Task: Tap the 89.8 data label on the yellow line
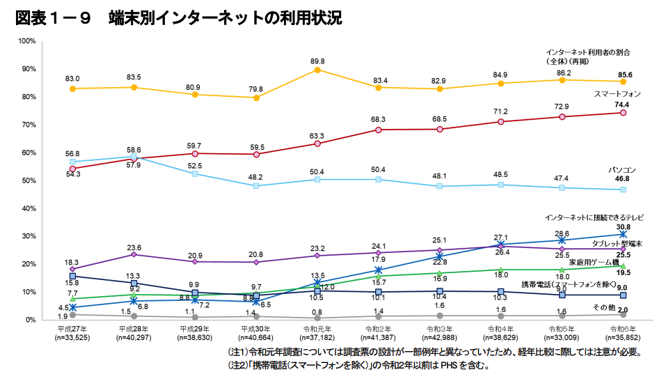point(317,61)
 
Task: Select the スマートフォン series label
point(617,93)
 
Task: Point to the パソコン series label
point(622,170)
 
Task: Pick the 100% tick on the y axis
point(27,41)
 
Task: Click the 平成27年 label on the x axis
point(72,328)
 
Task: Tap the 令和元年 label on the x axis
point(317,328)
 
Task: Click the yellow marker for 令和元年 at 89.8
point(317,70)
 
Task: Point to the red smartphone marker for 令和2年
point(378,130)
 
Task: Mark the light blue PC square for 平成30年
point(256,186)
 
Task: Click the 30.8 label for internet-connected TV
point(623,227)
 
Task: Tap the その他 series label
point(603,307)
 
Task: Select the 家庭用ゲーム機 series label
point(594,263)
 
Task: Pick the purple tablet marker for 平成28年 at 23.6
point(134,254)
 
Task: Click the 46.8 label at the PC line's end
point(623,179)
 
